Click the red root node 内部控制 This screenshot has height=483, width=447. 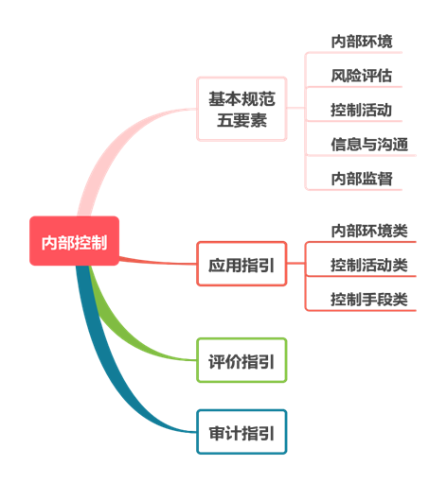74,241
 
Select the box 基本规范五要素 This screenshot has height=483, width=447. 241,109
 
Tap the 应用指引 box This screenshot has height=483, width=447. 241,264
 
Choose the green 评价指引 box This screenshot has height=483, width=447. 241,360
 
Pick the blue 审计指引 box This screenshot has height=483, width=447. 241,432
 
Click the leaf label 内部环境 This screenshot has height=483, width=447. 362,42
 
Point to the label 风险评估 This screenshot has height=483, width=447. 362,76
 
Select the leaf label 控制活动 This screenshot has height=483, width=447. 362,110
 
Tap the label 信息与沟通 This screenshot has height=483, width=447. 369,145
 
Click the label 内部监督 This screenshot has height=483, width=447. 362,179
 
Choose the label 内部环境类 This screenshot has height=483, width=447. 369,231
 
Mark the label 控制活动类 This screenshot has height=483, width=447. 369,265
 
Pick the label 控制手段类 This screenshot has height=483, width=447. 369,300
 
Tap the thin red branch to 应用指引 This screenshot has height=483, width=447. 158,262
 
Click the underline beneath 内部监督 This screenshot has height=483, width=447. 354,190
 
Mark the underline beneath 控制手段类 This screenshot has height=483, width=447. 361,311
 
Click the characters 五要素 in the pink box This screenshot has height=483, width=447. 241,120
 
